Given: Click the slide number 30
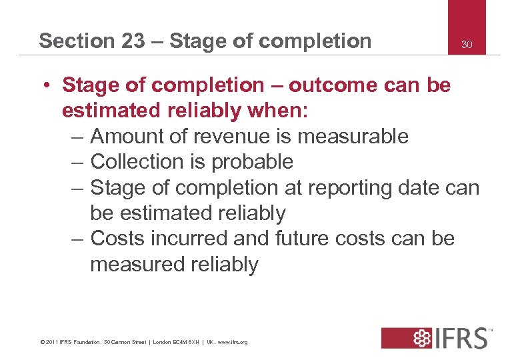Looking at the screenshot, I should [467, 45].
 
